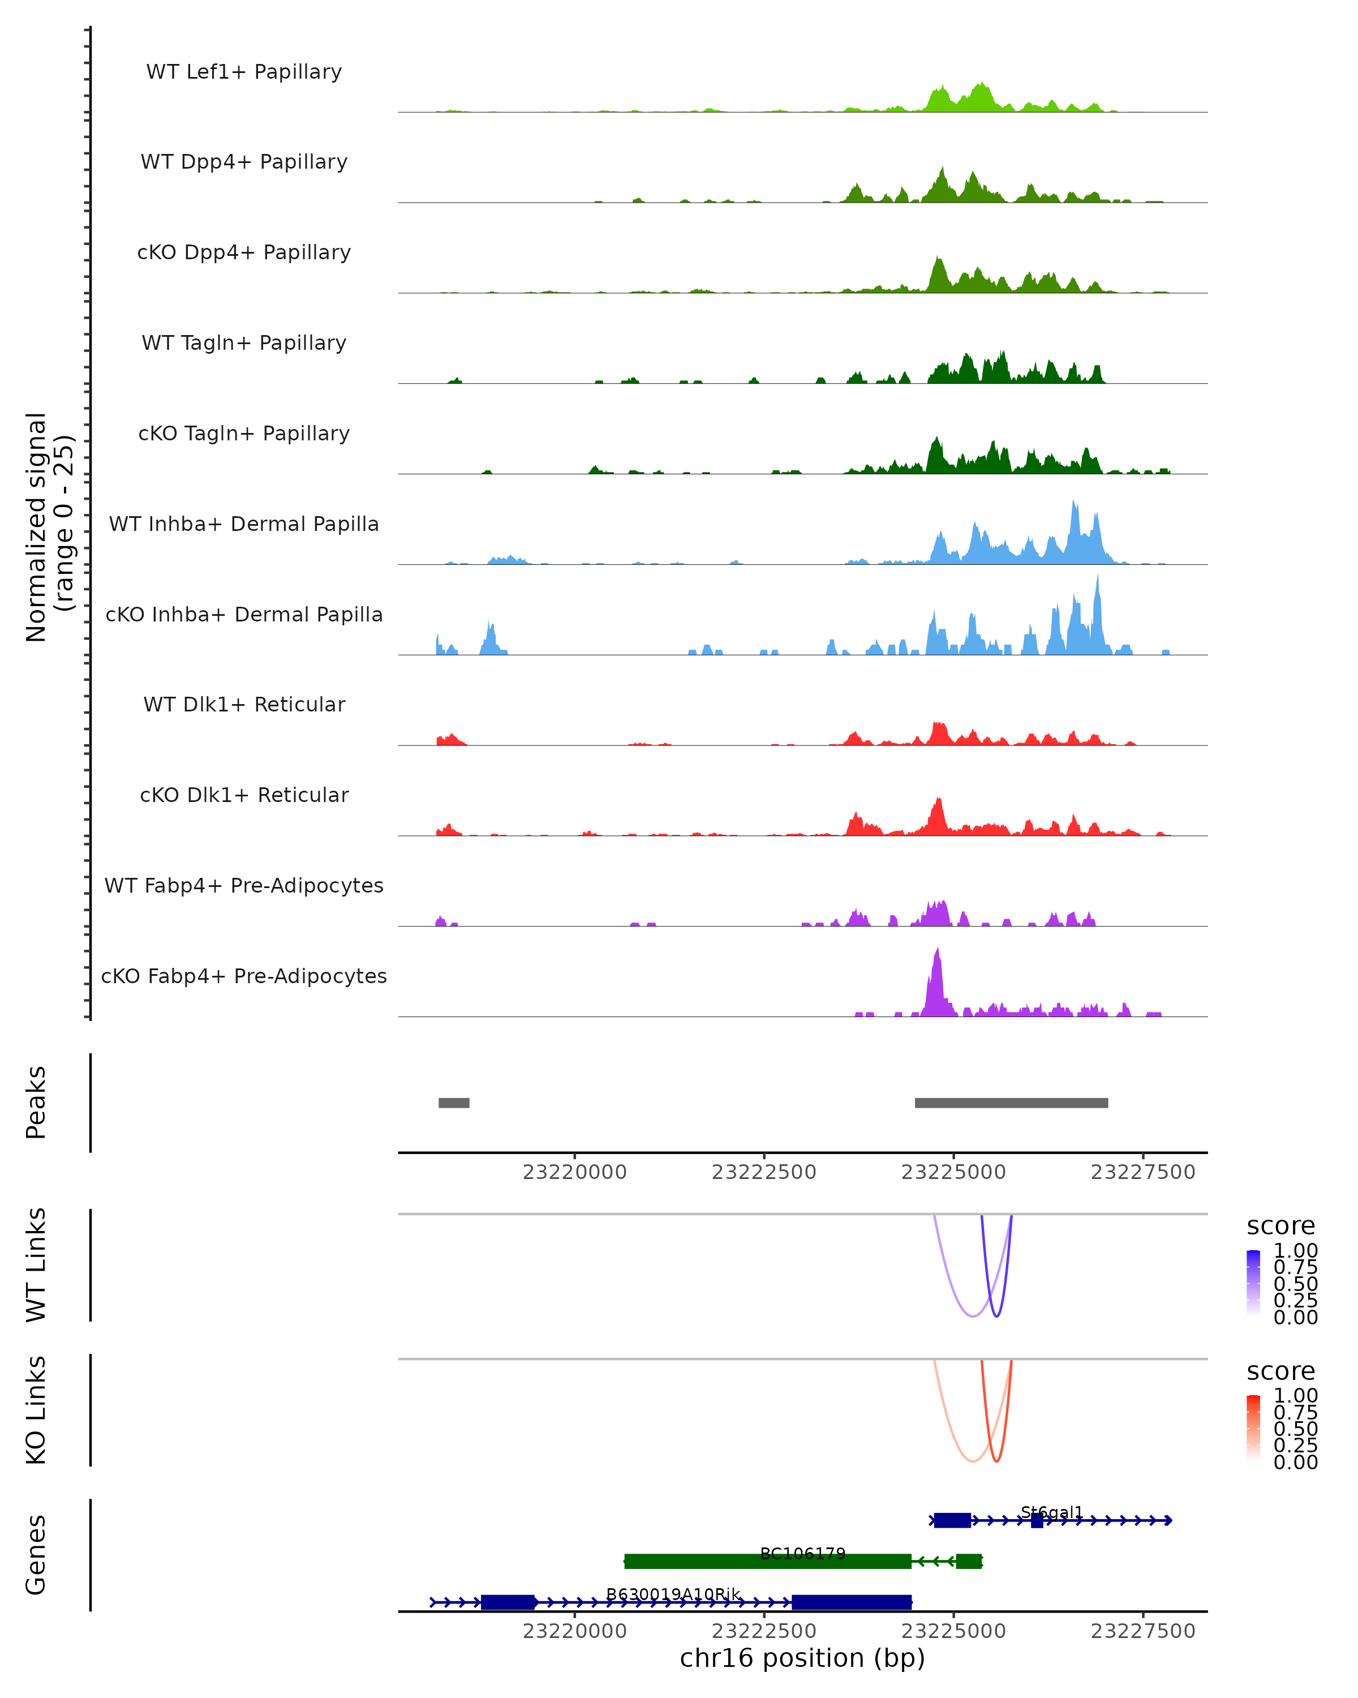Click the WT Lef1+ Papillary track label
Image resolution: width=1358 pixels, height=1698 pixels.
coord(244,72)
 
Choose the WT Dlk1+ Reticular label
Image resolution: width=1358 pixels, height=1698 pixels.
coord(244,704)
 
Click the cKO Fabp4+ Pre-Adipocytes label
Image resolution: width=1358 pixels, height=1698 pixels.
coord(244,976)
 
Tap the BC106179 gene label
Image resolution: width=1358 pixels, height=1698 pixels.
coord(802,1553)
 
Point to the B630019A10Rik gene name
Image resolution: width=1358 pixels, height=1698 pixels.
coord(673,1594)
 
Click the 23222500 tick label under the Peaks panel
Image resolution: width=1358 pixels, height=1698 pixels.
coord(764,1172)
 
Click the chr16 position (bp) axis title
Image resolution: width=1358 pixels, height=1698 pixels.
coord(802,1658)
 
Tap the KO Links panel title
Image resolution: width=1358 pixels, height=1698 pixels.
coord(36,1410)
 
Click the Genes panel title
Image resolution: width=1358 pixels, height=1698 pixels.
coord(36,1555)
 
